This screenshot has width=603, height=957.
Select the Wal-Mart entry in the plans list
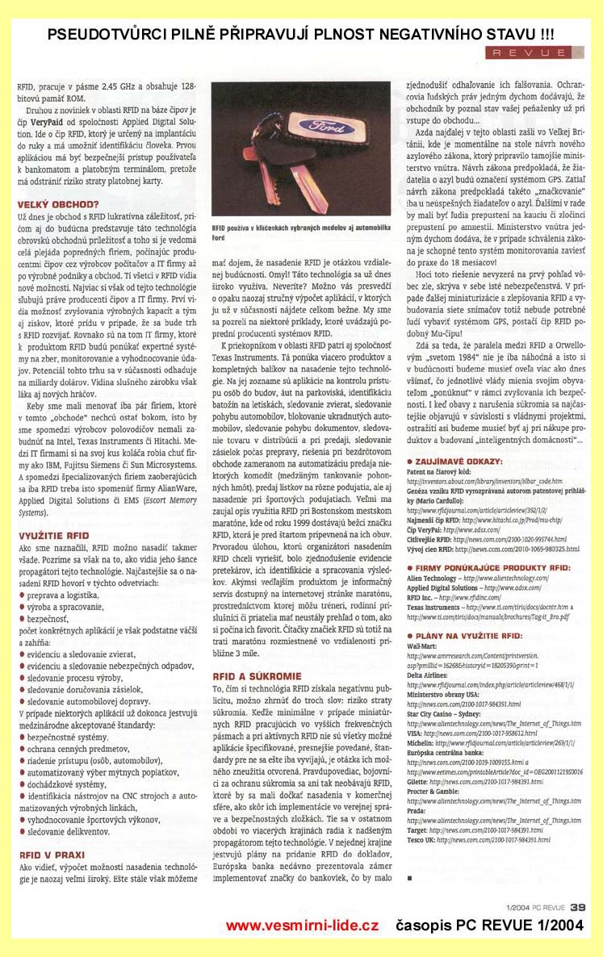(423, 647)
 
